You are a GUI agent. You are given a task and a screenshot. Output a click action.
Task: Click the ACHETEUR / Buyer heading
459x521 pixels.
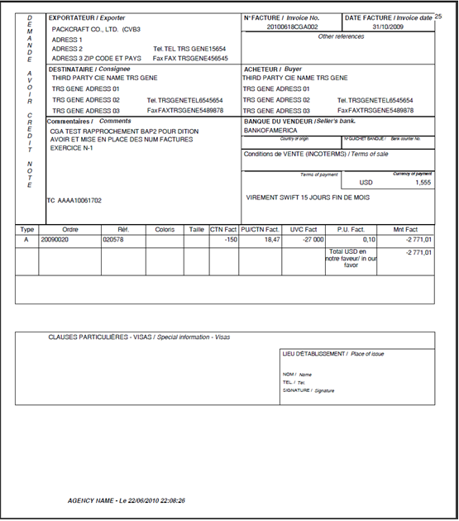(273, 69)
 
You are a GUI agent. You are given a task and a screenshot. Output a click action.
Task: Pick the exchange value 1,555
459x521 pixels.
(422, 182)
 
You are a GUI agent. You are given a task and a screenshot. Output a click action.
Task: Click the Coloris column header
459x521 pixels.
(165, 229)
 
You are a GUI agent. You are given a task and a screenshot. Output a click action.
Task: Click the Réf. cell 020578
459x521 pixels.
(113, 239)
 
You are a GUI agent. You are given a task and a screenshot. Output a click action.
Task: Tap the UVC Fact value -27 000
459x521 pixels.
(311, 239)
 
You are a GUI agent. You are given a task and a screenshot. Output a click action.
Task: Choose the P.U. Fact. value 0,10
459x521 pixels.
(367, 239)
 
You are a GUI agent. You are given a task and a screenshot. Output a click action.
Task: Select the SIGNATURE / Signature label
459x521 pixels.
(308, 390)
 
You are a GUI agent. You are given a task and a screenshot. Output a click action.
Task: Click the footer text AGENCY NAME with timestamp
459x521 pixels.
(127, 500)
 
